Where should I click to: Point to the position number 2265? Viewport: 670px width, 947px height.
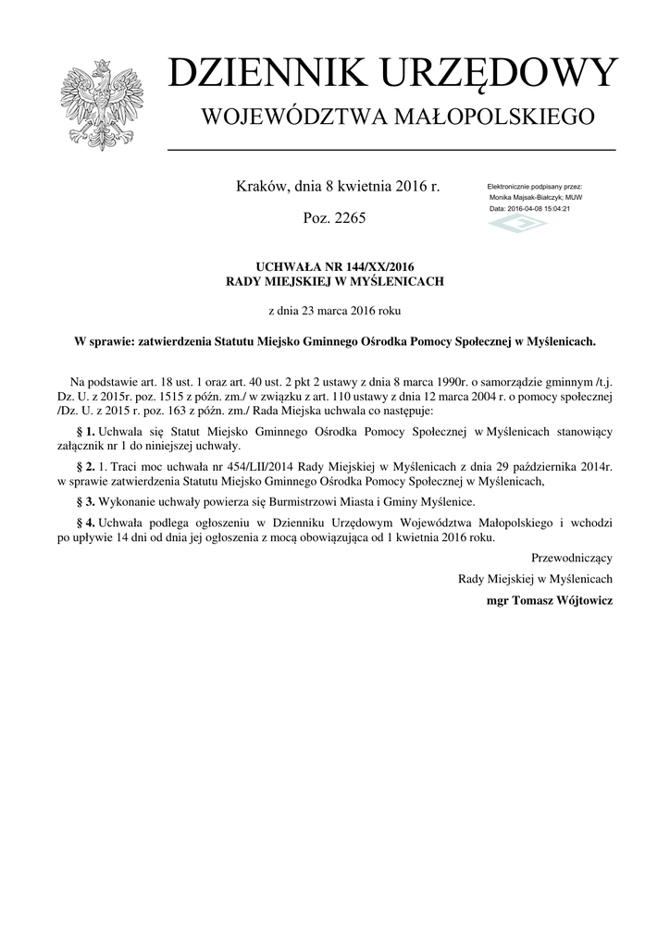(x=348, y=219)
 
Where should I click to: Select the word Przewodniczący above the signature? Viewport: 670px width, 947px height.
(x=571, y=559)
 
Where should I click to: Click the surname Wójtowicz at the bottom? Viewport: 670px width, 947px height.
(x=579, y=599)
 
